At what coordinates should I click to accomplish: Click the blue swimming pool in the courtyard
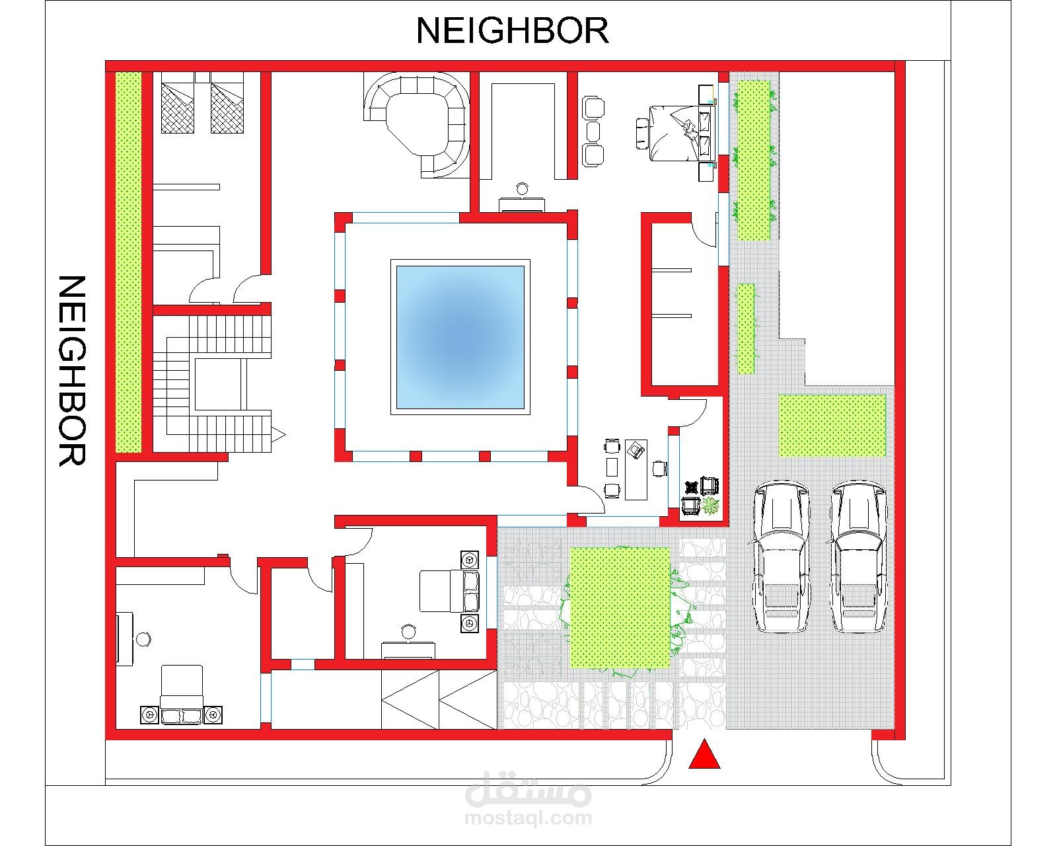coord(460,337)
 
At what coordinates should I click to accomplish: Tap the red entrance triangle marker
coord(704,754)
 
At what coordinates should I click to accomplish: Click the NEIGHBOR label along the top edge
coord(512,30)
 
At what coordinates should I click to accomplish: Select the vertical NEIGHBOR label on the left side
coord(72,371)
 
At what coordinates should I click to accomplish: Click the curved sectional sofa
coord(416,123)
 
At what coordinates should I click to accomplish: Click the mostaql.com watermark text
coord(528,818)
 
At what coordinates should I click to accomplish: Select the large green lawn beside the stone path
coord(620,607)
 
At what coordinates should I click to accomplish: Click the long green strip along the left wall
coord(128,262)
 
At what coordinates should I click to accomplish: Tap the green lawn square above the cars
coord(832,425)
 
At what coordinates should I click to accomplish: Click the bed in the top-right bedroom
coord(681,134)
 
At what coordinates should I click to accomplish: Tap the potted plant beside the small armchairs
coord(710,506)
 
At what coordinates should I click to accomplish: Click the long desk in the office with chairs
coord(636,469)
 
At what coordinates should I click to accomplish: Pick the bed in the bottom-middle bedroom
coord(449,591)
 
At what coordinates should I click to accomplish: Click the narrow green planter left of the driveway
coord(746,328)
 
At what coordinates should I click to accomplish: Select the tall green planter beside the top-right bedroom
coord(754,160)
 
